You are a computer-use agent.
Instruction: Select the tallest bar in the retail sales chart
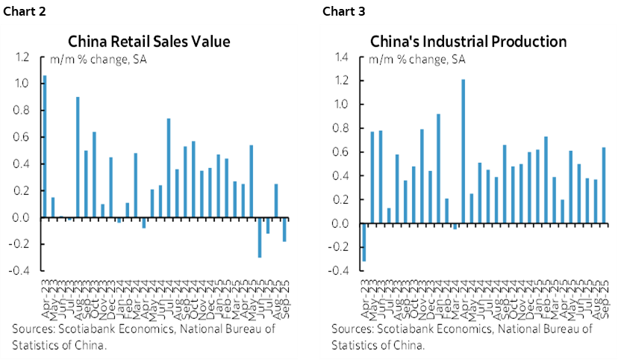[x=45, y=146]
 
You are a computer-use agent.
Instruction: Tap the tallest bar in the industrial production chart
[x=463, y=152]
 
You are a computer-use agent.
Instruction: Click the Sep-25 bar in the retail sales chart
[x=284, y=229]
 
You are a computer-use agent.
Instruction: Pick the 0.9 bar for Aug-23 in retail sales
[x=78, y=157]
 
